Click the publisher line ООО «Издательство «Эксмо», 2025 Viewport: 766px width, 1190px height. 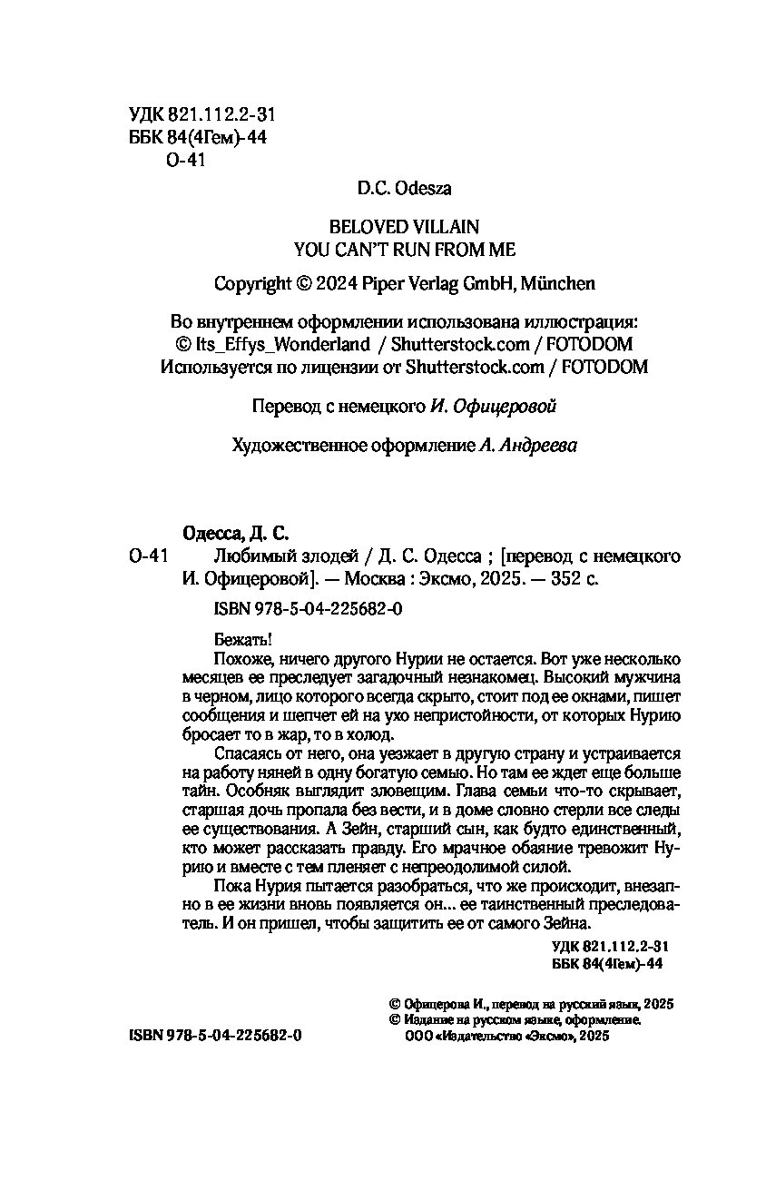coord(506,1036)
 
